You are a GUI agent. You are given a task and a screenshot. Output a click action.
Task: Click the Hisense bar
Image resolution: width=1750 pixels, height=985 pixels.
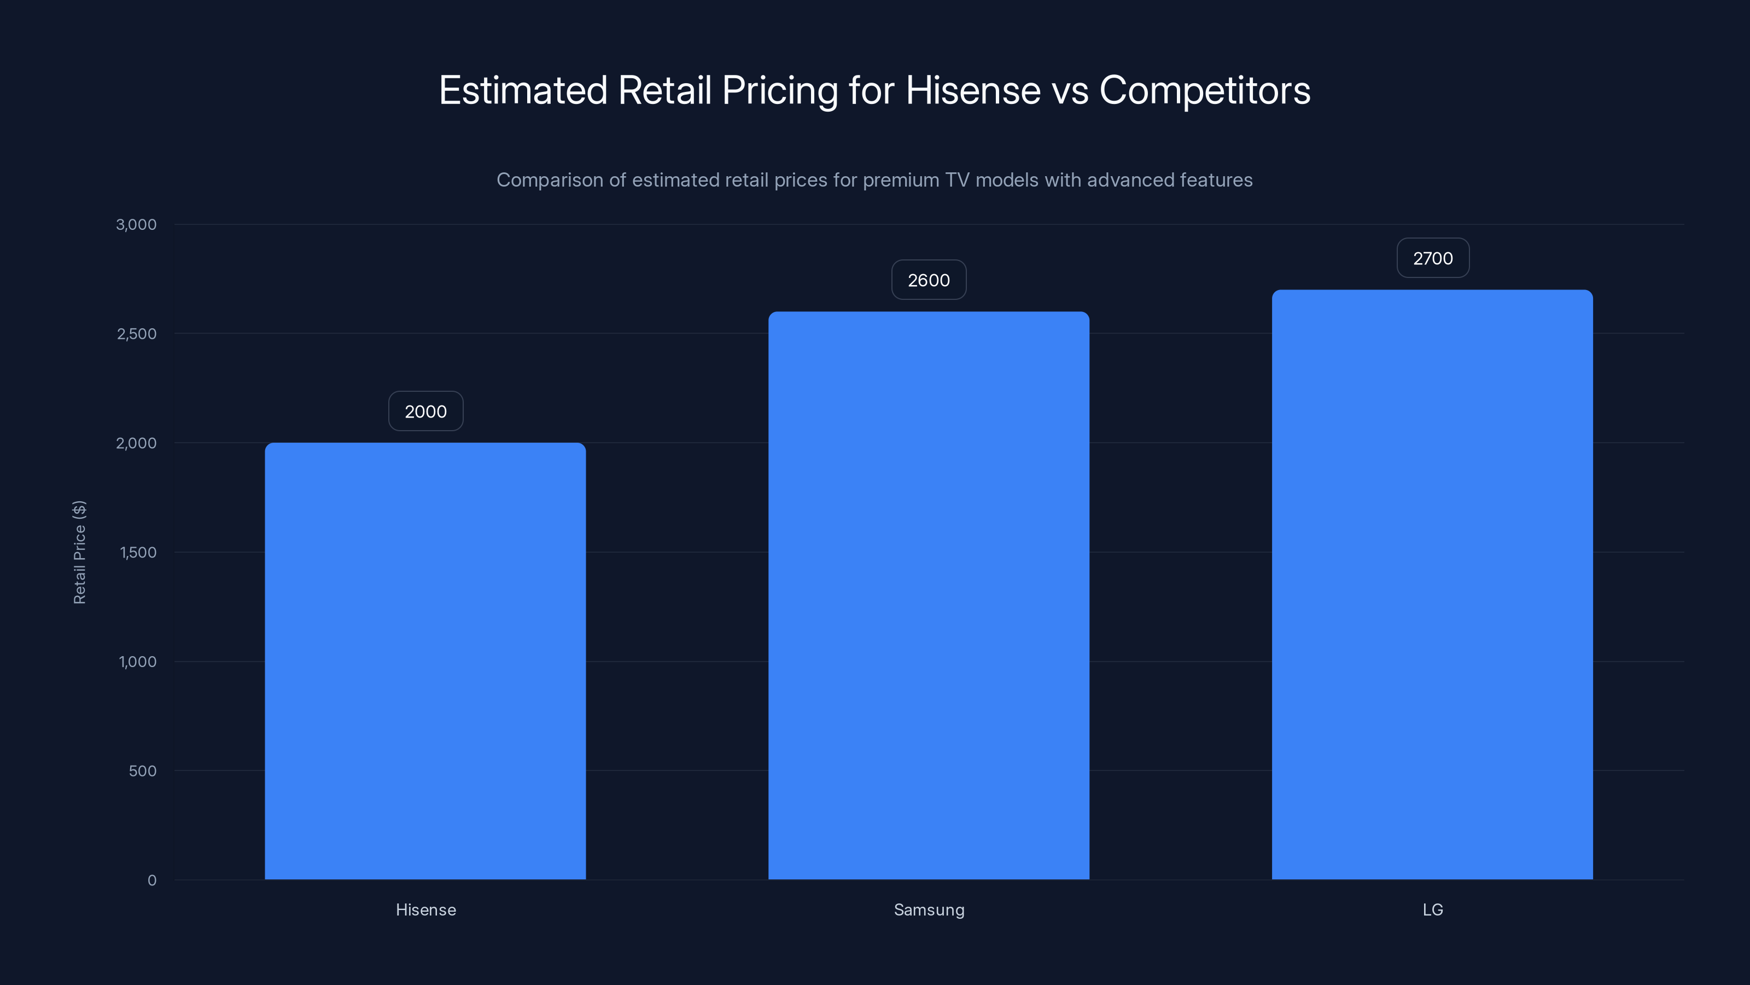tap(425, 660)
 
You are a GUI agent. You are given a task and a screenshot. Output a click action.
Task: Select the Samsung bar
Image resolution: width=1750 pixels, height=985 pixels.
tap(929, 595)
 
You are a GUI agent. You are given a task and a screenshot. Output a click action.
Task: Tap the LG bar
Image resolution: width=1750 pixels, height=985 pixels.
tap(1432, 584)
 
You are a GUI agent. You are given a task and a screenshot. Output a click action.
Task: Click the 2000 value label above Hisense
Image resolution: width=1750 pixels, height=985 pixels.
tap(426, 412)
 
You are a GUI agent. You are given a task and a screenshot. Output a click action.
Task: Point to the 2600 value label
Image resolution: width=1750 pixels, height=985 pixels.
tap(929, 280)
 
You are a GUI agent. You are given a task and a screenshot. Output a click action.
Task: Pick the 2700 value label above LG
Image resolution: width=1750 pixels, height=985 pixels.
tap(1433, 258)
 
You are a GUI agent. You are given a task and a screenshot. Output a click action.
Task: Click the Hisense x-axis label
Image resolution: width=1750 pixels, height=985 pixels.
tap(426, 909)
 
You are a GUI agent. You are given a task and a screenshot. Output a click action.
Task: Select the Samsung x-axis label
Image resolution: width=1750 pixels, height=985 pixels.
tap(929, 909)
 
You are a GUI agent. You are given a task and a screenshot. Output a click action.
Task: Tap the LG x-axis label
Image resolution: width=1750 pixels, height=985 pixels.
tap(1433, 909)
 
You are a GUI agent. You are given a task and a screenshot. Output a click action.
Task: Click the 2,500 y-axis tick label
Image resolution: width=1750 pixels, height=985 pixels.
tap(137, 334)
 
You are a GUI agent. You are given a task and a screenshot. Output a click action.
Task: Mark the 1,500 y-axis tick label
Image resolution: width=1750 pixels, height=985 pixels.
tap(138, 553)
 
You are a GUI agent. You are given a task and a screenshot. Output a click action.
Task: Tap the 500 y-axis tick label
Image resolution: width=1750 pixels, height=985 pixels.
tap(143, 771)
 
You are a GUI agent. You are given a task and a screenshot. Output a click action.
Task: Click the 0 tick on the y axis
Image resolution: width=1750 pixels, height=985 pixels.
tap(152, 880)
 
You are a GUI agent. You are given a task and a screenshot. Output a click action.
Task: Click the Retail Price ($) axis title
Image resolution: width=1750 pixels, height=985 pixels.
tap(79, 552)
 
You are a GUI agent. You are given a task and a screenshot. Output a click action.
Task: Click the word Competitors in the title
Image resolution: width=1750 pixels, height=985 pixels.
tap(1204, 90)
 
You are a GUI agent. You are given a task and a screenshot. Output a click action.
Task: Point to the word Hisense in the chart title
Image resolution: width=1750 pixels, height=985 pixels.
tap(973, 90)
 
